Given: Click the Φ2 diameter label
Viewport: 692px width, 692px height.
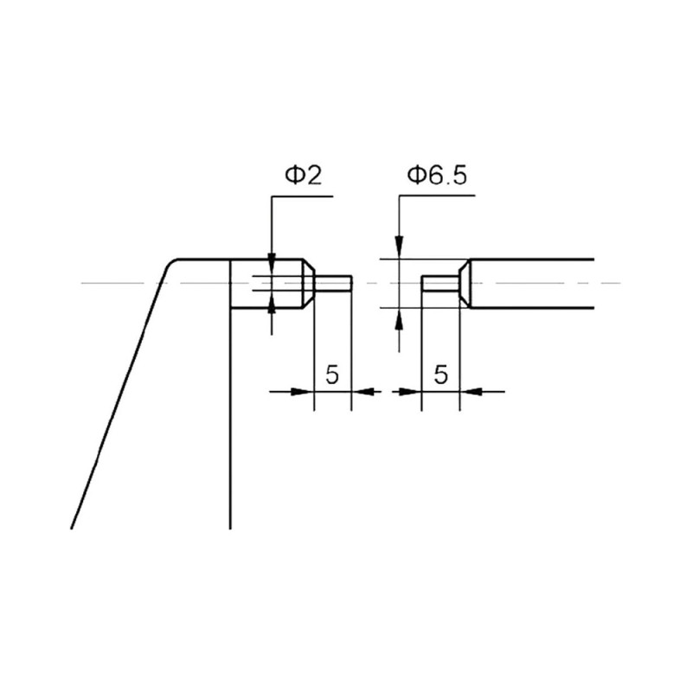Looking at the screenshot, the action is [x=304, y=176].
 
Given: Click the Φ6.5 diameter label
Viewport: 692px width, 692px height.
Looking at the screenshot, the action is [x=437, y=176].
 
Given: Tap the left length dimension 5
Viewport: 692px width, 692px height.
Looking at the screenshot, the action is [x=332, y=375].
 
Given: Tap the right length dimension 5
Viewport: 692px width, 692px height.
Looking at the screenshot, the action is [x=441, y=375].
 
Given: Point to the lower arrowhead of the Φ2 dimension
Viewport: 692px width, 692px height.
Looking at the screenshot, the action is [x=272, y=305].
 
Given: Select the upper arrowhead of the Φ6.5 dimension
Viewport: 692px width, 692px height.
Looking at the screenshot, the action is [x=399, y=248].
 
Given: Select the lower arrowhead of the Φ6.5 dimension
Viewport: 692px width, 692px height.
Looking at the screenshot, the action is [x=399, y=319].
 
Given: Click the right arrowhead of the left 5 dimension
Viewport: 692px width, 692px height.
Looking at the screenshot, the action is [x=362, y=391].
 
